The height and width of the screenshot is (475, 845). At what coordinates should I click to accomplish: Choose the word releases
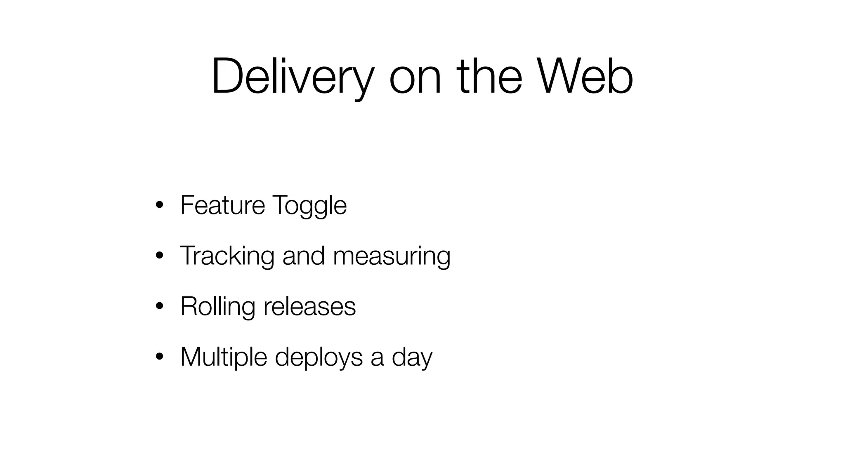click(x=309, y=306)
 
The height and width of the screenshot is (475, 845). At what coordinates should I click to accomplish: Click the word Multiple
click(x=224, y=357)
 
